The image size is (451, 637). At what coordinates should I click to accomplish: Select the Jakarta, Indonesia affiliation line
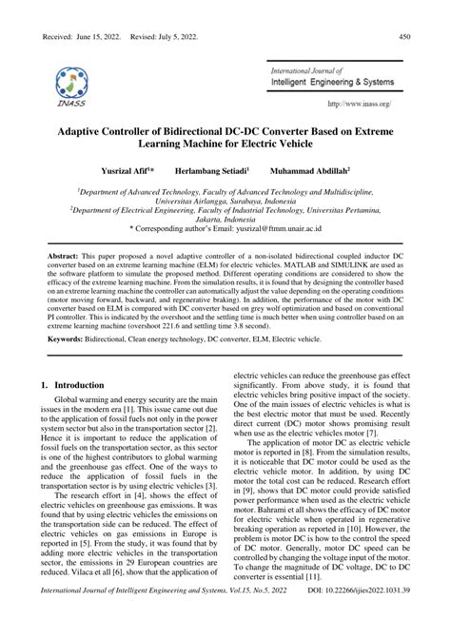(225, 219)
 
